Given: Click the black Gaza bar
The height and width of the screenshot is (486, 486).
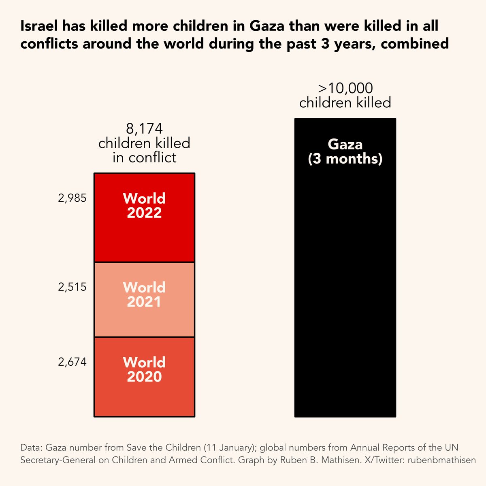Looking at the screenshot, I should point(345,283).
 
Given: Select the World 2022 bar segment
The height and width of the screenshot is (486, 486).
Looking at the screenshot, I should point(144,239).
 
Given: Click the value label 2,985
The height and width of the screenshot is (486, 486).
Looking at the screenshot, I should point(72,198).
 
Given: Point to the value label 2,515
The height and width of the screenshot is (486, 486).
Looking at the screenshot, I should point(72,287).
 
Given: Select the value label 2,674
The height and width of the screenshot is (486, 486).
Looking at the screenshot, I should point(72,362).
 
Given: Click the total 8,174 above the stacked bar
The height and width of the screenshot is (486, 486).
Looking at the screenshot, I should point(144,129).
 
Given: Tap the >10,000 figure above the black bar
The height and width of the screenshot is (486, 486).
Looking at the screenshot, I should point(345,88).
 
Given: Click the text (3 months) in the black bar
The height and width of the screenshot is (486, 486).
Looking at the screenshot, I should point(345,159).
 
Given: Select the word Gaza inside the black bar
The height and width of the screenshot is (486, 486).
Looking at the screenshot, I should point(345,145).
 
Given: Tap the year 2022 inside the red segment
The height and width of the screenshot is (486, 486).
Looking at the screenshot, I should point(144,213).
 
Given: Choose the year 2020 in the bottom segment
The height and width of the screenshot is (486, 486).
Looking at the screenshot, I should point(144,377).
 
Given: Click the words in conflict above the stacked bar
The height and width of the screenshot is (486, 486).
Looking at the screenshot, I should point(144,157).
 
